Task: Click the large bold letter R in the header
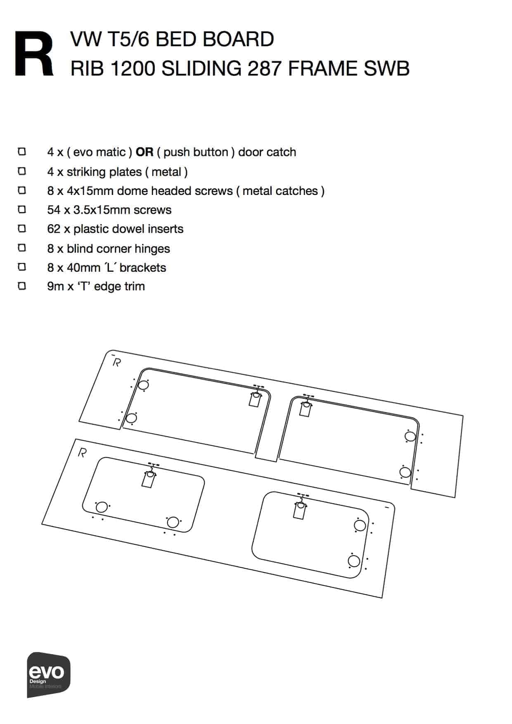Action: pyautogui.click(x=34, y=54)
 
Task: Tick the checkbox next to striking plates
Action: pyautogui.click(x=22, y=171)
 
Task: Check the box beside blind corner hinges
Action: pyautogui.click(x=22, y=248)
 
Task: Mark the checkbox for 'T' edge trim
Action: pyautogui.click(x=22, y=286)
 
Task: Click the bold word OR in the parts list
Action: pyautogui.click(x=145, y=152)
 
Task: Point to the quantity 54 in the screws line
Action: pyautogui.click(x=54, y=210)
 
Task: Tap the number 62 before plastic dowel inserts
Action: pyautogui.click(x=54, y=229)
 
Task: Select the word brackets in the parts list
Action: pyautogui.click(x=143, y=268)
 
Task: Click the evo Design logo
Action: pyautogui.click(x=49, y=674)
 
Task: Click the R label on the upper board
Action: pyautogui.click(x=117, y=363)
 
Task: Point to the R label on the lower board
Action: pyautogui.click(x=82, y=453)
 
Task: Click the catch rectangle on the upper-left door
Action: pyautogui.click(x=255, y=399)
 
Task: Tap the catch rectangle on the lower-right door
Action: pyautogui.click(x=299, y=510)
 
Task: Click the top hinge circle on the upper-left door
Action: pyautogui.click(x=143, y=385)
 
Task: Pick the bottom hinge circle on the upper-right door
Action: pyautogui.click(x=405, y=472)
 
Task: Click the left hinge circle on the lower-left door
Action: pyautogui.click(x=102, y=507)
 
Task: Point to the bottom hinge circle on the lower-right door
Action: pyautogui.click(x=354, y=561)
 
